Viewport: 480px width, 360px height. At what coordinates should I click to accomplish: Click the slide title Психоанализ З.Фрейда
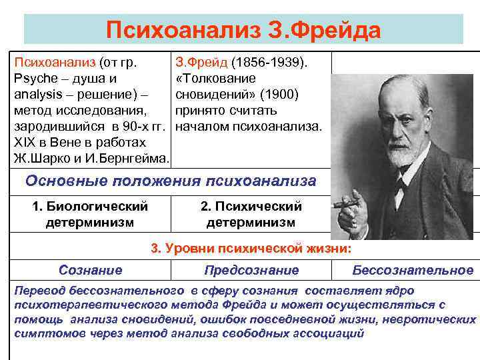(x=243, y=30)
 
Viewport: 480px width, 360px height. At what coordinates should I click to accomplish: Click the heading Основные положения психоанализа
(x=171, y=181)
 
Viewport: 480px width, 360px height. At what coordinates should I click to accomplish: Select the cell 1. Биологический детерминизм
(x=90, y=213)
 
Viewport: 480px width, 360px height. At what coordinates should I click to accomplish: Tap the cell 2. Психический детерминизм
(x=251, y=214)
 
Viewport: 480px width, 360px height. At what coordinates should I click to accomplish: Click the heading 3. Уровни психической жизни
(x=250, y=249)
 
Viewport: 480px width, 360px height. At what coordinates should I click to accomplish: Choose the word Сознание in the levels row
(x=90, y=270)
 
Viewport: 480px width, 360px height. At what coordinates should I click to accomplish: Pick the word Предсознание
(x=251, y=270)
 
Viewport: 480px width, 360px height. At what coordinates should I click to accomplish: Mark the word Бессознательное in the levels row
(x=413, y=270)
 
